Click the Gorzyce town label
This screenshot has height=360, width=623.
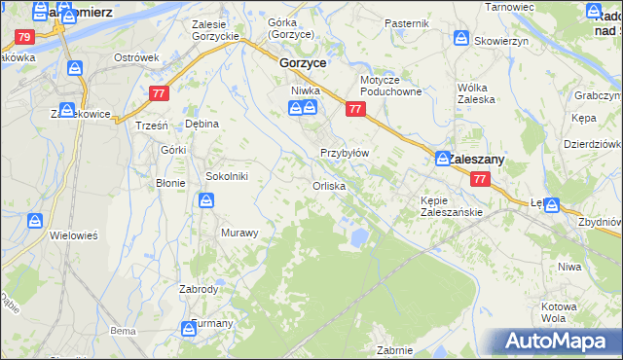[302, 61]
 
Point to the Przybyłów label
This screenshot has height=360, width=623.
[345, 153]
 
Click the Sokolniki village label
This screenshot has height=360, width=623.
[227, 176]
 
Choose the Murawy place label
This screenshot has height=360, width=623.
[239, 233]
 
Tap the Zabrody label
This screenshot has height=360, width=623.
[199, 289]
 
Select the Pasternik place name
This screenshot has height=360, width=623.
[406, 22]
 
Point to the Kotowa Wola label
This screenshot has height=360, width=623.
[559, 312]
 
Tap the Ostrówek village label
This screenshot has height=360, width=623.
[136, 57]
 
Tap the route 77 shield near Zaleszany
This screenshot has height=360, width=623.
[479, 179]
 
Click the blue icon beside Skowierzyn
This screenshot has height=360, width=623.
[460, 38]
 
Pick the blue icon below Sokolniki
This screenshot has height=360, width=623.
[207, 200]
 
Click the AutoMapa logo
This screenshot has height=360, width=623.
[556, 341]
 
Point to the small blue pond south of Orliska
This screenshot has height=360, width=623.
[358, 236]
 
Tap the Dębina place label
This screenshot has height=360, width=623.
[202, 125]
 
